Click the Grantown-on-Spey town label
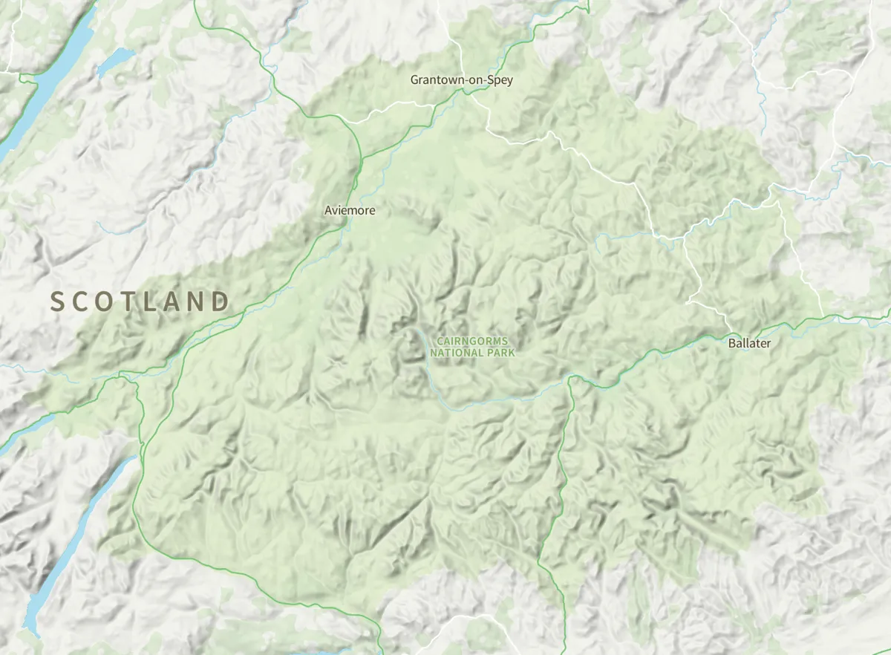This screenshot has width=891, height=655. point(461,79)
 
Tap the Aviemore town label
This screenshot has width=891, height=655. point(350,211)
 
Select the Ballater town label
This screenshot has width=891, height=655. point(749,343)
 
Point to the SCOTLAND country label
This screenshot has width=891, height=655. point(140,302)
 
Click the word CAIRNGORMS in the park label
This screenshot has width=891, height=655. point(472,341)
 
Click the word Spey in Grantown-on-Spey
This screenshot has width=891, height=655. point(500,79)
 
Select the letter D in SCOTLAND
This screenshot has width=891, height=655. point(220,302)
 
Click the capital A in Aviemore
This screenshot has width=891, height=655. point(328,211)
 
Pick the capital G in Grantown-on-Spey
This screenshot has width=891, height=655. point(415,79)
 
